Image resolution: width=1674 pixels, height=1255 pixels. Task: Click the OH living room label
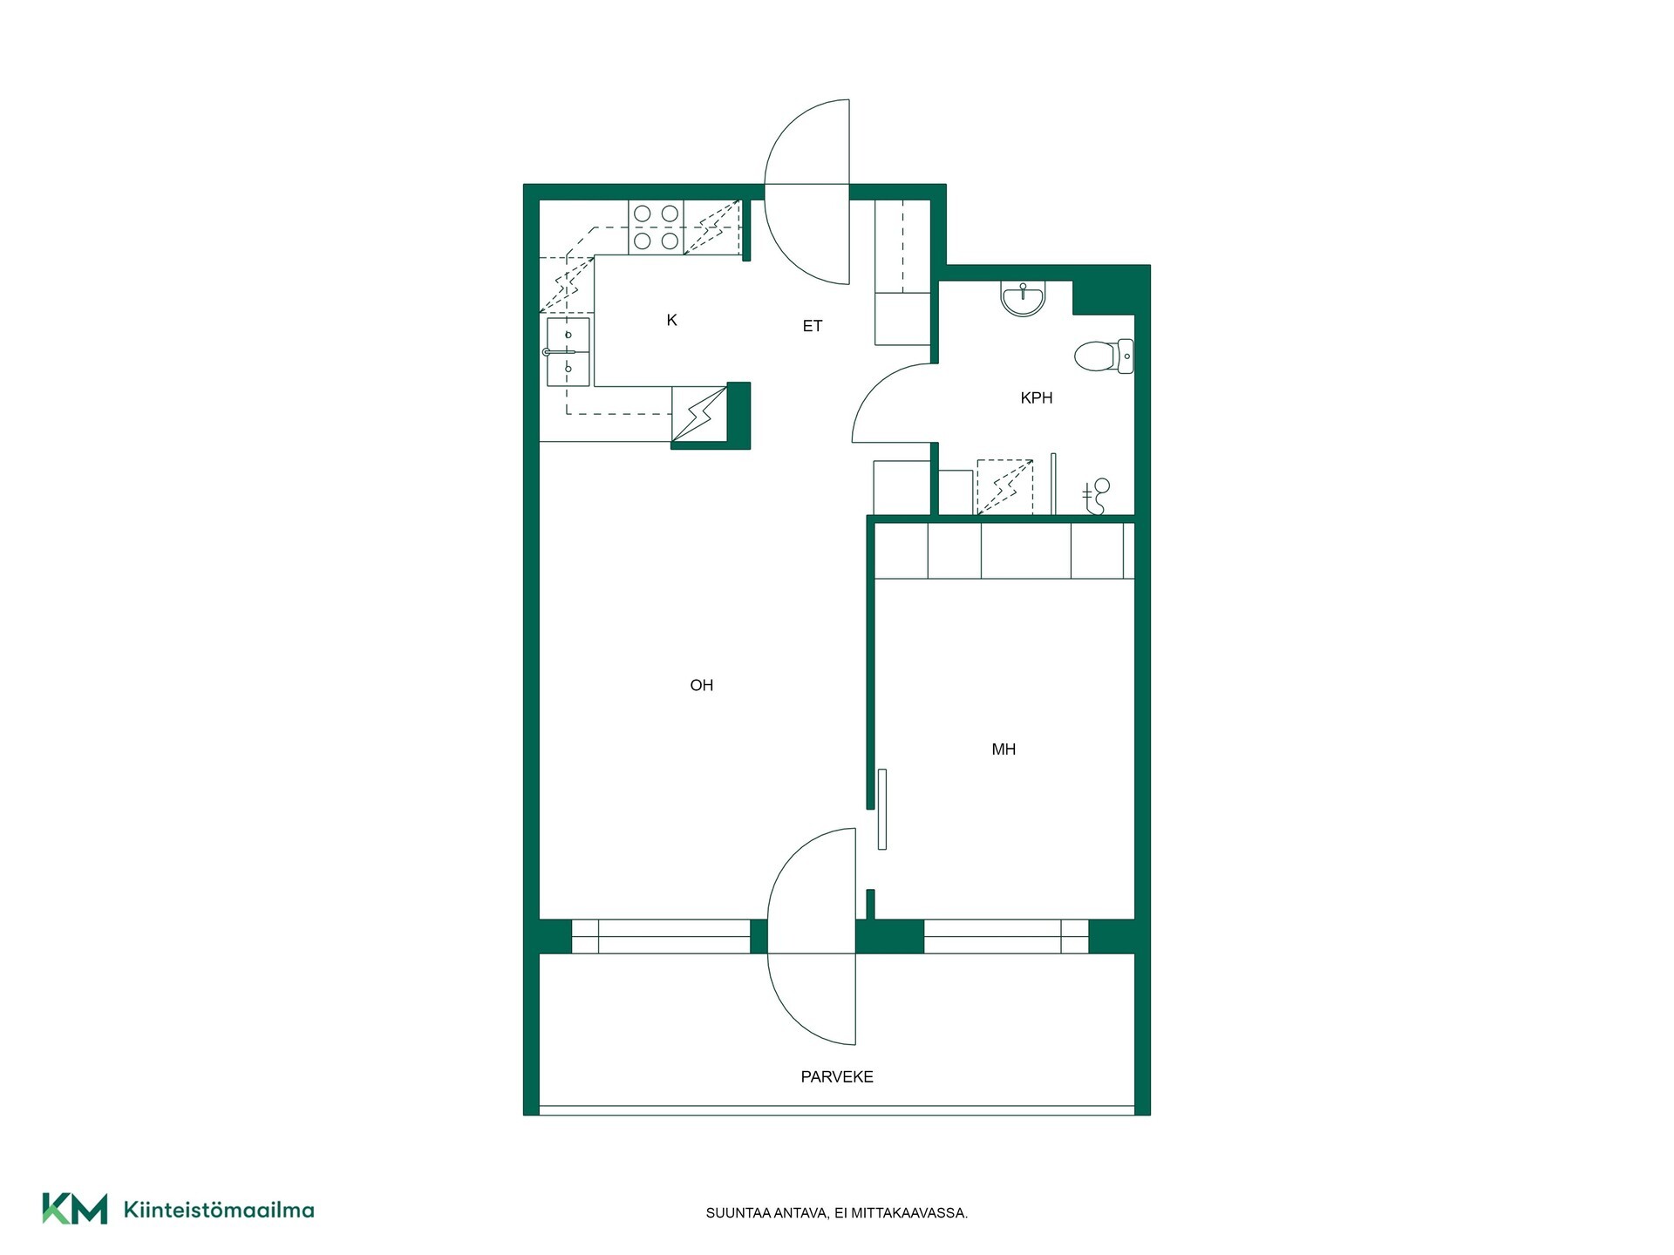(701, 686)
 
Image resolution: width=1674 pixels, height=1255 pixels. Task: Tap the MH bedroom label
(1004, 750)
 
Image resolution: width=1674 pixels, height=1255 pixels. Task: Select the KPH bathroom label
(1037, 398)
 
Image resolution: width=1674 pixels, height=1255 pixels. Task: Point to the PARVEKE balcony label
(837, 1077)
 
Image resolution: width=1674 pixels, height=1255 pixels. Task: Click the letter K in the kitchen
(671, 321)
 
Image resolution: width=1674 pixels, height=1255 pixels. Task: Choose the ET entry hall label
(812, 326)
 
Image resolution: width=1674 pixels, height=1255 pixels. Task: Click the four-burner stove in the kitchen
(656, 227)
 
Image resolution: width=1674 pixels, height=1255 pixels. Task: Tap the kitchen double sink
(568, 352)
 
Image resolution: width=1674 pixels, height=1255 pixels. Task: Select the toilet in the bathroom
(1104, 356)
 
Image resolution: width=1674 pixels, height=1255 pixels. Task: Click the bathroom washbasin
(1023, 298)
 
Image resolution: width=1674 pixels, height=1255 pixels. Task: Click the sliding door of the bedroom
(882, 809)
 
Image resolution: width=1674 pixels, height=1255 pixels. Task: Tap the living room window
(661, 937)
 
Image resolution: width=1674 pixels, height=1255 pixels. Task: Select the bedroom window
(1006, 937)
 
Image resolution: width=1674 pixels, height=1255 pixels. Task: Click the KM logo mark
(75, 1209)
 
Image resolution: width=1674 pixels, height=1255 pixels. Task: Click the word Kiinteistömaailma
(219, 1210)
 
